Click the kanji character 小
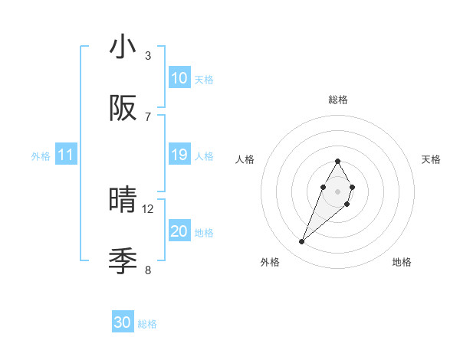[x=123, y=47]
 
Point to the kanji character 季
[x=123, y=261]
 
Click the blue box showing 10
[x=179, y=78]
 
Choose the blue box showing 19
[x=179, y=155]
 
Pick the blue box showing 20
[x=179, y=231]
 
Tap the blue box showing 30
[x=123, y=322]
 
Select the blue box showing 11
[x=66, y=155]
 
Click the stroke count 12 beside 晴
[x=148, y=208]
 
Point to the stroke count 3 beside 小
[x=148, y=56]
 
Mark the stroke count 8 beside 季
[x=148, y=270]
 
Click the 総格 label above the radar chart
[x=338, y=100]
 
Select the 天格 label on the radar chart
[x=432, y=159]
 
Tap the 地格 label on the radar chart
[x=402, y=262]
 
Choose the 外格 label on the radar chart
[x=270, y=262]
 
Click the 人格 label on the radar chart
[x=245, y=159]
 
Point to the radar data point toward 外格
[x=302, y=242]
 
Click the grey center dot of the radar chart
[x=337, y=191]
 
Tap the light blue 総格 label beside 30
[x=147, y=324]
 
